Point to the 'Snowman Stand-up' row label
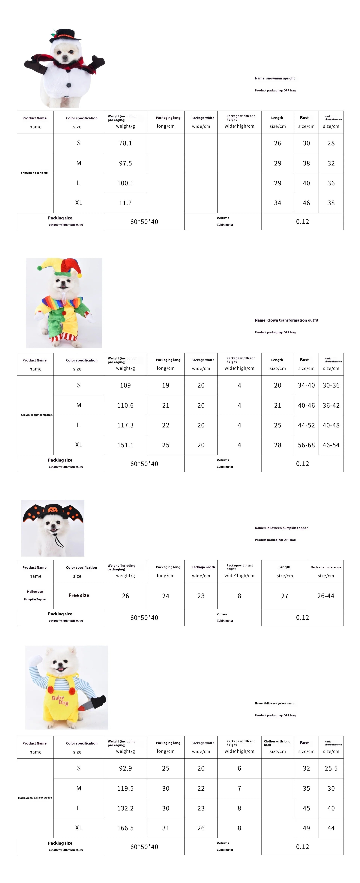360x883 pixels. point(34,173)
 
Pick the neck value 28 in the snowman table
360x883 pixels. point(331,143)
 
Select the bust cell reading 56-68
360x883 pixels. point(306,445)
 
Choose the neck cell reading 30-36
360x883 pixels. point(331,385)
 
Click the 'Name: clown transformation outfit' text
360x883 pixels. point(286,320)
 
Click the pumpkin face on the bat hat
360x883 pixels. point(52,510)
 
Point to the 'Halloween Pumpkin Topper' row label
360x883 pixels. point(35,595)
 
